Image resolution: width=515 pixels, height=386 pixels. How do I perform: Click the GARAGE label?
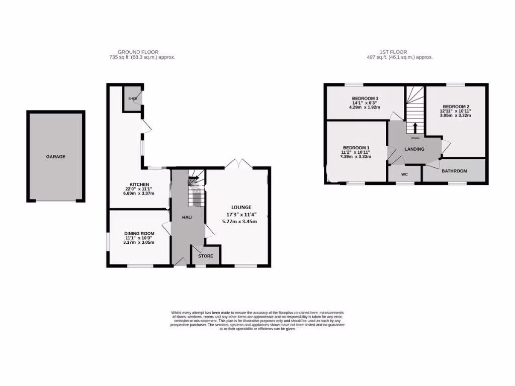(56, 157)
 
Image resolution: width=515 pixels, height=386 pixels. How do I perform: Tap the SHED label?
(133, 99)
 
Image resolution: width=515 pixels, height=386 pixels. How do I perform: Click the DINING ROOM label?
(139, 234)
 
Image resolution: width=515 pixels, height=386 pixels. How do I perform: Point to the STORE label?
(206, 256)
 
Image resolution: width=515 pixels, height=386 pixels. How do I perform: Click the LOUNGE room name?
(241, 207)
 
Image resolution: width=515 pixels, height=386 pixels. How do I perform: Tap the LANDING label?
(414, 149)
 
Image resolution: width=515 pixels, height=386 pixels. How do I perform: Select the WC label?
(404, 174)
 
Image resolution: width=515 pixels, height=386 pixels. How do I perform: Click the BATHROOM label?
(454, 171)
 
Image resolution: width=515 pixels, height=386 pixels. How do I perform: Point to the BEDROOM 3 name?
(365, 99)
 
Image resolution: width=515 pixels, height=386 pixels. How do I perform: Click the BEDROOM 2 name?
(456, 107)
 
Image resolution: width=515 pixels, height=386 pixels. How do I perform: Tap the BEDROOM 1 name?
(356, 147)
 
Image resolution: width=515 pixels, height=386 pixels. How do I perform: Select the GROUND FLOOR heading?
(138, 52)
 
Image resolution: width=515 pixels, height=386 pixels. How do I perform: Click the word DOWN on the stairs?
(415, 138)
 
